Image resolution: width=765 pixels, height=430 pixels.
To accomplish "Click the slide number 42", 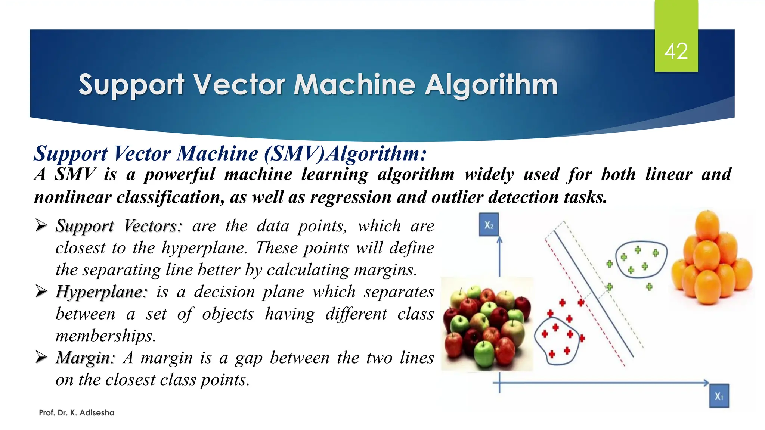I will pos(676,52).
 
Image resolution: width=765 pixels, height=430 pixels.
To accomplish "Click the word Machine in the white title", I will pos(354,85).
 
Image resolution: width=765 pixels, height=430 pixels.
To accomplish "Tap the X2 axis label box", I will pos(489,225).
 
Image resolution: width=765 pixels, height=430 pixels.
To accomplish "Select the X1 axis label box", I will pos(719,396).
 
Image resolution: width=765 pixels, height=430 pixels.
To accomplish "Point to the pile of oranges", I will pos(712,258).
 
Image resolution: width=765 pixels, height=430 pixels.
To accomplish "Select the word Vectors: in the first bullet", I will pos(152,226).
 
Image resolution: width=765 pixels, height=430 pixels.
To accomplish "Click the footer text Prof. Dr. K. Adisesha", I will pos(77,413).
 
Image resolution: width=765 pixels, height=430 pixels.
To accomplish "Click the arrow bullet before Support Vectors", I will pos(41,225).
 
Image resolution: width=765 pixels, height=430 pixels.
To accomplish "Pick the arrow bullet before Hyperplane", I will pos(41,291).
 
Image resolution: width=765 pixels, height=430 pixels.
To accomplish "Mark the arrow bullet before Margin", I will pos(41,357).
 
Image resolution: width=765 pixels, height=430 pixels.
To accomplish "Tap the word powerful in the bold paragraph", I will pos(179,175).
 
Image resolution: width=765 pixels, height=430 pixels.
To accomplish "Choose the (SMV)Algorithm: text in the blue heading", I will pos(345,153).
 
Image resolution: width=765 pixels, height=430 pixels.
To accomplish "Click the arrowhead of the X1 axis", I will pos(706,383).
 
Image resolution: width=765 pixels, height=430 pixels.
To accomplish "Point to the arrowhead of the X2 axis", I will pos(499,240).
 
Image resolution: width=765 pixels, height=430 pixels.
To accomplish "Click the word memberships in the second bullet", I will pos(105,336).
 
